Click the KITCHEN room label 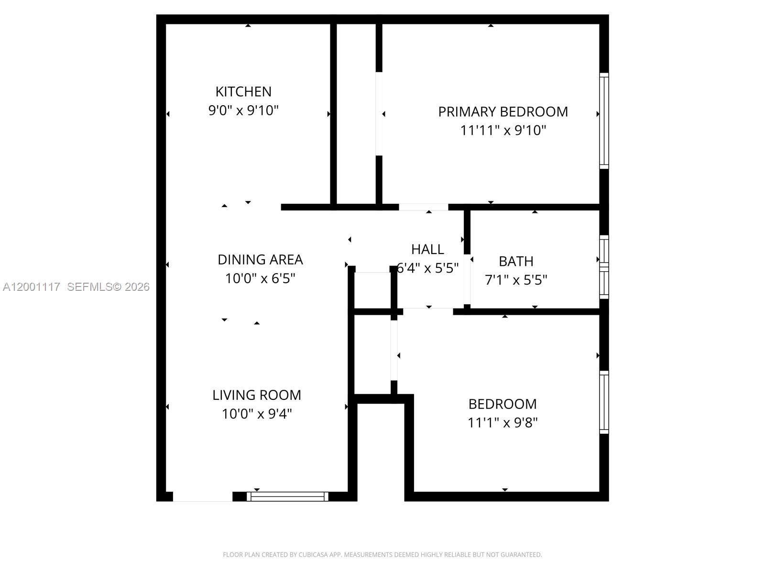[x=243, y=91]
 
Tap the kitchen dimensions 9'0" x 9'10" [x=243, y=110]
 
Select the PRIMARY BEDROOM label [x=503, y=111]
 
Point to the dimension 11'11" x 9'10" [x=503, y=130]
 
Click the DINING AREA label [x=260, y=259]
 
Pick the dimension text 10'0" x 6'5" [x=260, y=278]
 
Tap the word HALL [x=427, y=249]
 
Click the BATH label [x=516, y=261]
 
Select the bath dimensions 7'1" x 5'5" [x=516, y=280]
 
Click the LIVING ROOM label [x=257, y=395]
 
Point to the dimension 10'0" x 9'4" [x=257, y=414]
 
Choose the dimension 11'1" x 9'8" [x=503, y=423]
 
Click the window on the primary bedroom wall [x=604, y=121]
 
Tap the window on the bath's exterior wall [x=604, y=267]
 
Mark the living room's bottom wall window [x=287, y=497]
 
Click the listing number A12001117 [x=32, y=287]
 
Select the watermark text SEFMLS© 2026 [x=108, y=287]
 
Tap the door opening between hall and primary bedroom [x=423, y=207]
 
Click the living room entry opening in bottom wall [x=202, y=497]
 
